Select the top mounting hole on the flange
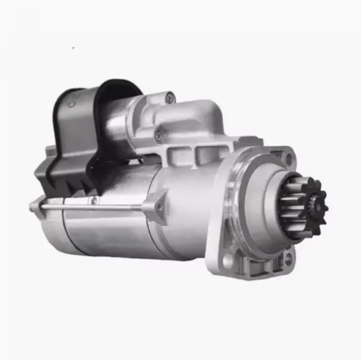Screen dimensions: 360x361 tap(288, 158)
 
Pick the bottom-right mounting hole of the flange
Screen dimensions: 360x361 tap(288, 258)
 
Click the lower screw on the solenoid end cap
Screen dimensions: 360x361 tap(158, 136)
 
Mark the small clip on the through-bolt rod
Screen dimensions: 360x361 tap(93, 202)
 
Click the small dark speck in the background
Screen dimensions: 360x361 tap(73, 47)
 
